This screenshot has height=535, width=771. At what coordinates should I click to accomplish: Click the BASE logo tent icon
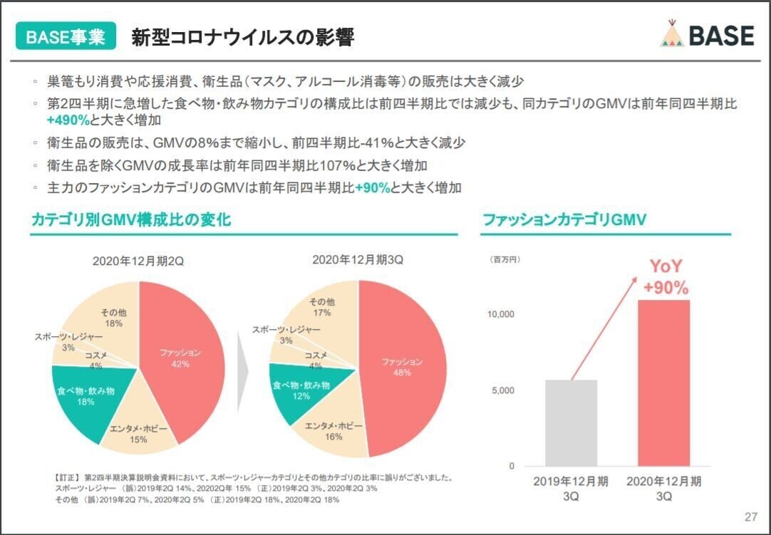point(672,33)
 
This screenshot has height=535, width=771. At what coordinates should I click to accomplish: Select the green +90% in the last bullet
point(373,188)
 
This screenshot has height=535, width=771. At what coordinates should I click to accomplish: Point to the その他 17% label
point(322,307)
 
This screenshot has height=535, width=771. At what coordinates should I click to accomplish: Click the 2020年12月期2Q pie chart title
point(138,261)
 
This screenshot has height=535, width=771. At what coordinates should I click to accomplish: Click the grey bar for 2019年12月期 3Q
point(571,423)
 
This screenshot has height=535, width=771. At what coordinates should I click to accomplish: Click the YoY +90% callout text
point(666,278)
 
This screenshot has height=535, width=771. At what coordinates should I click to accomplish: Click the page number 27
point(750,517)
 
